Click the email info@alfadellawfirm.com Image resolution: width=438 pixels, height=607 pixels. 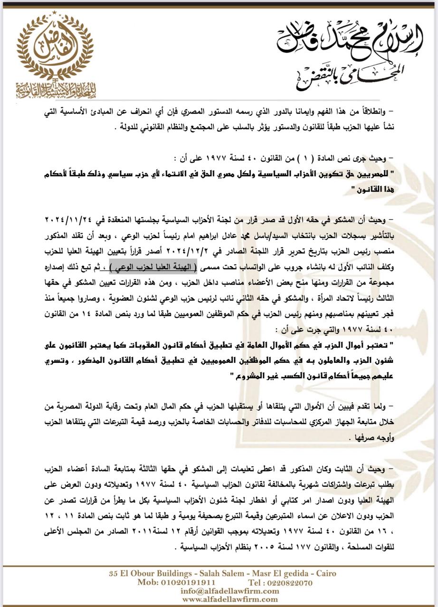tap(229, 591)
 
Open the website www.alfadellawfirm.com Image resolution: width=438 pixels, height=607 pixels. tap(230, 599)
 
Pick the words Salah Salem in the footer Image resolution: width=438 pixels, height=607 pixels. tap(213, 573)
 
